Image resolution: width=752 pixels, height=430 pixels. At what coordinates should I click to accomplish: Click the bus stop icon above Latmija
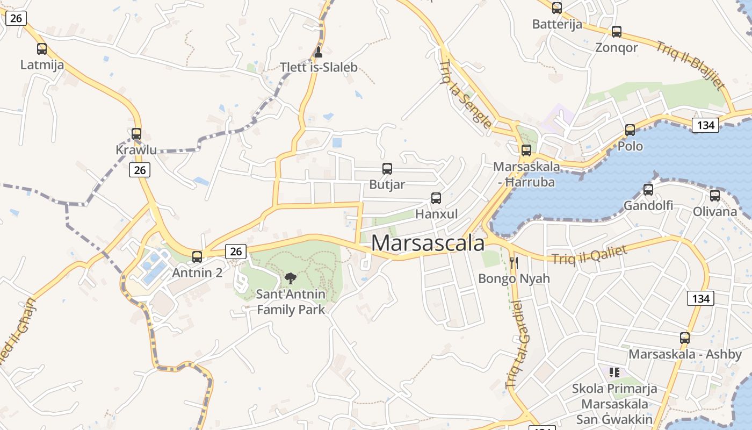42,49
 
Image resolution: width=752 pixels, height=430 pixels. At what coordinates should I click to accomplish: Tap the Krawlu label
136,150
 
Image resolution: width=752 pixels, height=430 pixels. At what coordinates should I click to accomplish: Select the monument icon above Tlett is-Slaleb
318,52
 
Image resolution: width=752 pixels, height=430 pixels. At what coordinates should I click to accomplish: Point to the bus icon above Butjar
387,169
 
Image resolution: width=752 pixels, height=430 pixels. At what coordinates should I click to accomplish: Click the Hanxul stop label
437,214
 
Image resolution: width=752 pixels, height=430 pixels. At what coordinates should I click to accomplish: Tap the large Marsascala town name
428,243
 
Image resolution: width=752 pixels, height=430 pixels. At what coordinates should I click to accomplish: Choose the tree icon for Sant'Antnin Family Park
291,278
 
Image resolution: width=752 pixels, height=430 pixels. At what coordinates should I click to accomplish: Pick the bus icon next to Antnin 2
197,257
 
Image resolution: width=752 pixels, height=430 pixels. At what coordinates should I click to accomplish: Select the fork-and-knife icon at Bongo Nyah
514,263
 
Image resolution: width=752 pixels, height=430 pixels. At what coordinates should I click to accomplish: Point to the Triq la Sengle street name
465,95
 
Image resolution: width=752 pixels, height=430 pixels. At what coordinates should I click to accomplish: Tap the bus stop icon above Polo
630,130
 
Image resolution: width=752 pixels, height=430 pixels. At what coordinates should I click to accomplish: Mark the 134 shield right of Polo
705,125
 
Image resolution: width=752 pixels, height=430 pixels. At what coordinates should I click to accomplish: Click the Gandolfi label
648,205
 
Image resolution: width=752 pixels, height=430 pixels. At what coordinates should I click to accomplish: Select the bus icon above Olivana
714,196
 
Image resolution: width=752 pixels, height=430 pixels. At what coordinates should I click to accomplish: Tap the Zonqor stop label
617,47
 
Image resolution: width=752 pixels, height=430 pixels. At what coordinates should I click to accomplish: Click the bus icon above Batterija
557,8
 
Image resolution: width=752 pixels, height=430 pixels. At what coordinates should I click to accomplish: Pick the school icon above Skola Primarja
614,372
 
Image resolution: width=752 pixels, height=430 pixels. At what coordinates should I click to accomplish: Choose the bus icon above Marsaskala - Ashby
685,338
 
